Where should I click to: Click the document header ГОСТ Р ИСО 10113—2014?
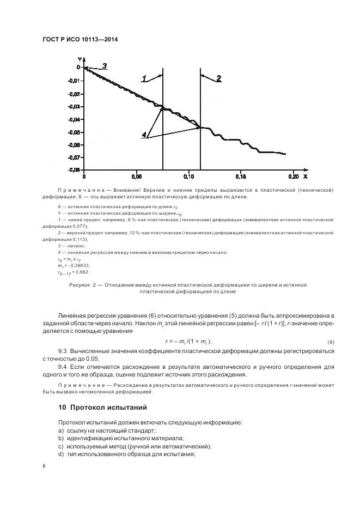coord(80,40)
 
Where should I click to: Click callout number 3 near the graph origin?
coord(105,66)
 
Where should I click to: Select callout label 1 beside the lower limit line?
coord(144,79)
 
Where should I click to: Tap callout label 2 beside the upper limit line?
coord(218,78)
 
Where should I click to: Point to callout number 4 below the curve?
coord(144,134)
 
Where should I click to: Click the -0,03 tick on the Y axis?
coord(74,106)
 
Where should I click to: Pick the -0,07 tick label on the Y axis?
coord(74,157)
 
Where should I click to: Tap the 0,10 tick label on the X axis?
coord(188,177)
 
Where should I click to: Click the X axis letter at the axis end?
coord(305,177)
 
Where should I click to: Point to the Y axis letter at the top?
coord(80,58)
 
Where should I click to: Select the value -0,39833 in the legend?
coord(78,265)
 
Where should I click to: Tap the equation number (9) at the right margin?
coord(330,342)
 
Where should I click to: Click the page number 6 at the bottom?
coord(44,466)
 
